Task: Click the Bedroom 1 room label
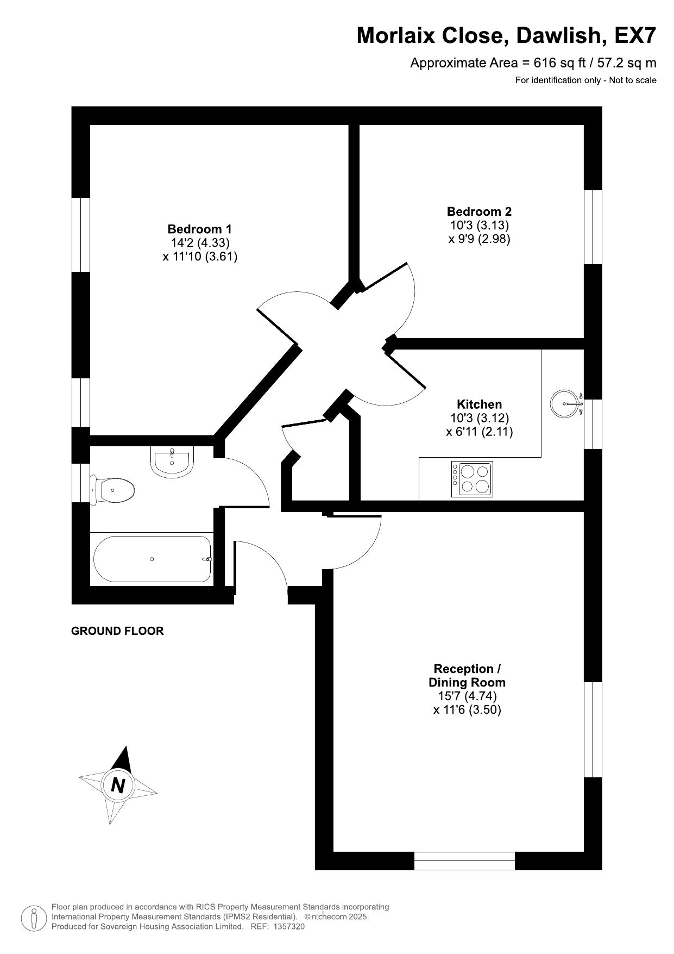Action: (x=199, y=229)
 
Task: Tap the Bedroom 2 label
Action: (x=479, y=211)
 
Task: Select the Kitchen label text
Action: (x=479, y=404)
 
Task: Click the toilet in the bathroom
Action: (x=112, y=490)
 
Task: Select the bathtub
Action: (x=152, y=559)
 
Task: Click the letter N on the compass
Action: (x=118, y=785)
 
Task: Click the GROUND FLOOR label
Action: (x=117, y=631)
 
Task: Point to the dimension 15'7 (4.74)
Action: (x=467, y=696)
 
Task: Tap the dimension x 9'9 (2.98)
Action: (x=479, y=239)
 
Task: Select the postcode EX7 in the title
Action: (x=635, y=36)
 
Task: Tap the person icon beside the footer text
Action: (x=33, y=918)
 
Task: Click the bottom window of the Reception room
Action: (x=464, y=861)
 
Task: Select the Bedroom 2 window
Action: (x=593, y=227)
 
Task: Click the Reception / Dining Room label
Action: (x=467, y=676)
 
